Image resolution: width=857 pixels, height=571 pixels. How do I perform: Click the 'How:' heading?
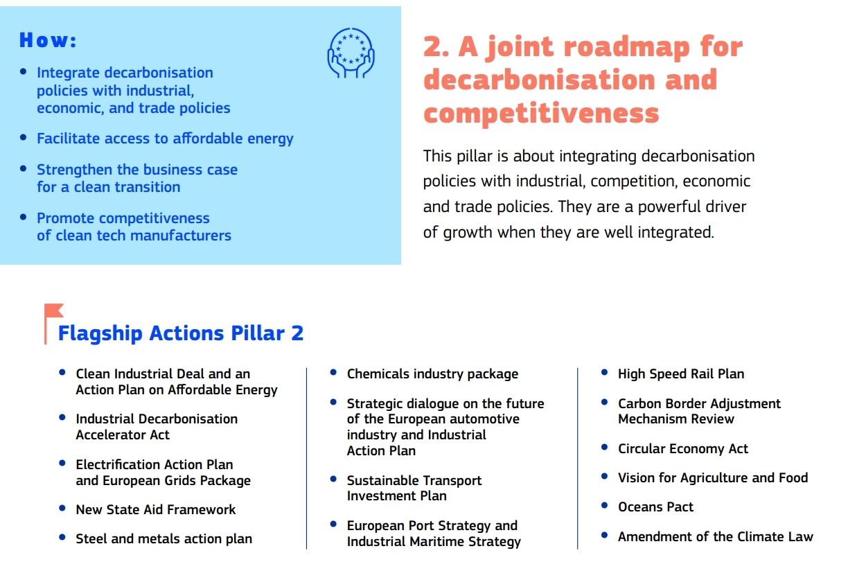[48, 40]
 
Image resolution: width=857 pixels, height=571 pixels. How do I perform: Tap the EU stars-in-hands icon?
[351, 53]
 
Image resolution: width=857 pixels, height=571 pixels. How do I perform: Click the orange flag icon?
[53, 324]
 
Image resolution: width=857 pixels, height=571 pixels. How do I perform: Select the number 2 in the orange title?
[436, 46]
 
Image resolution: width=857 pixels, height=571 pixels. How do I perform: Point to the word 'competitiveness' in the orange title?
[541, 113]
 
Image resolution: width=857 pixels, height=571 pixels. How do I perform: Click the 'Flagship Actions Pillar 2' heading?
[181, 333]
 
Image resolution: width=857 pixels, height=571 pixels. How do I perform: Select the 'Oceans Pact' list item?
[655, 507]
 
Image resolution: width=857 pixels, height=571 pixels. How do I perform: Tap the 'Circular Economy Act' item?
[683, 448]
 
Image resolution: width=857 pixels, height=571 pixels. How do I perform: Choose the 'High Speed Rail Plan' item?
[681, 374]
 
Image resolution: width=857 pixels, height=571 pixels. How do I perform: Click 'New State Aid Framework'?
[156, 509]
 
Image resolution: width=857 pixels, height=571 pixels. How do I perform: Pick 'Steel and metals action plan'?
[164, 539]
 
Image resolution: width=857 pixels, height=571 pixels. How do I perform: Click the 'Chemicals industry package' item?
[432, 374]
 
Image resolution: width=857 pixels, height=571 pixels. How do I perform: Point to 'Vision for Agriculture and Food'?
[713, 477]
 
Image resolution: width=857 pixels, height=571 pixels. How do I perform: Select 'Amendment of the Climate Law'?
[716, 536]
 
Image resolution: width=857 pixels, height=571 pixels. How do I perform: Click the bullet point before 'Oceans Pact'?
[605, 506]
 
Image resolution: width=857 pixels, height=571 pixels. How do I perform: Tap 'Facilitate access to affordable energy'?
[165, 139]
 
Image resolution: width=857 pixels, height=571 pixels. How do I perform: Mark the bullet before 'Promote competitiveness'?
[24, 218]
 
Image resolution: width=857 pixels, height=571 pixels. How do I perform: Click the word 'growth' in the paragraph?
[467, 233]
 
